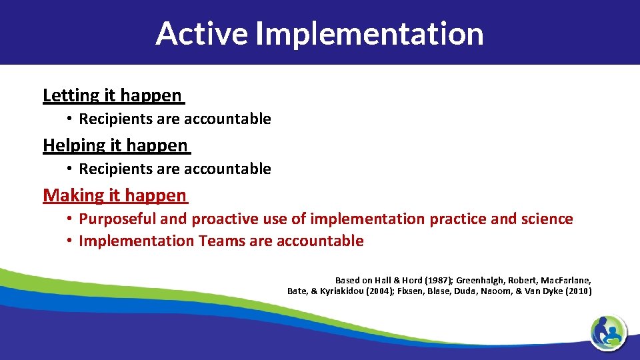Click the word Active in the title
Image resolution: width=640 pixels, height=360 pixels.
click(x=201, y=33)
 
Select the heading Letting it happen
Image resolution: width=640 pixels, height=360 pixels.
click(x=112, y=95)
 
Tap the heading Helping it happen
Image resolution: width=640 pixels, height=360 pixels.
click(x=115, y=145)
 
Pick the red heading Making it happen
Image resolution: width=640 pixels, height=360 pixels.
click(x=115, y=195)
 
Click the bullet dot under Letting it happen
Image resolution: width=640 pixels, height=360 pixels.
click(x=69, y=119)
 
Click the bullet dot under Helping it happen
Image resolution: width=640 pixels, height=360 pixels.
click(x=69, y=169)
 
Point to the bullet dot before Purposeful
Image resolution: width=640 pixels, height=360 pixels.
click(x=69, y=219)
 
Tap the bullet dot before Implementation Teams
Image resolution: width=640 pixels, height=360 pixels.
click(x=69, y=241)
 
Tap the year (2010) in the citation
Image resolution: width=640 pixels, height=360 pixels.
click(x=578, y=291)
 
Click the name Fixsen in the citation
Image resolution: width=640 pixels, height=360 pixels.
click(x=412, y=291)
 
